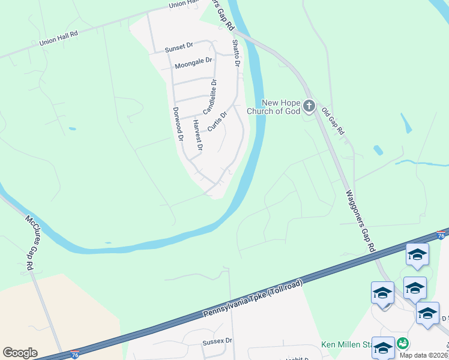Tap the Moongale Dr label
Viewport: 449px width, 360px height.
pos(193,61)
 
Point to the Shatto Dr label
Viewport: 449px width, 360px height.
pos(236,53)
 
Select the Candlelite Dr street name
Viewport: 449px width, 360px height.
pos(209,97)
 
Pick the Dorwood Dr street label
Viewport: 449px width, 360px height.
pos(177,124)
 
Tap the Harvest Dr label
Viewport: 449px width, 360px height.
pos(197,135)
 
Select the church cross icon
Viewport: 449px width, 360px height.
pos(309,107)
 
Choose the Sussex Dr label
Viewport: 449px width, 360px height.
pos(217,341)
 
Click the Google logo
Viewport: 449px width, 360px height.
pos(20,353)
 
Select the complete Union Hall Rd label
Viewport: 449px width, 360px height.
pos(59,41)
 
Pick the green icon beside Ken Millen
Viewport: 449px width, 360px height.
pos(403,344)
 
